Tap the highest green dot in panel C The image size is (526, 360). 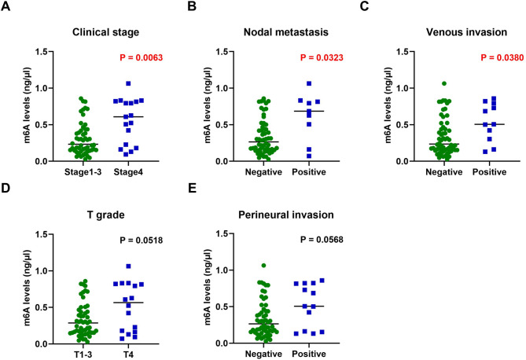pos(422,83)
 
